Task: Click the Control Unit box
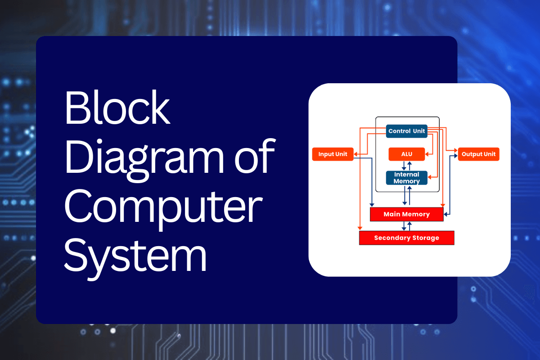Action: pyautogui.click(x=406, y=131)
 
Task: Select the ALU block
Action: pyautogui.click(x=406, y=154)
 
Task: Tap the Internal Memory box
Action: pyautogui.click(x=406, y=178)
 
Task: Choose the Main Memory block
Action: pyautogui.click(x=406, y=214)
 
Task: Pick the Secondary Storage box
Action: pyautogui.click(x=406, y=238)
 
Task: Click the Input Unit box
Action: pyautogui.click(x=333, y=154)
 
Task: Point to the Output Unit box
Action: pyautogui.click(x=478, y=154)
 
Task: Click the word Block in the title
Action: pyautogui.click(x=117, y=110)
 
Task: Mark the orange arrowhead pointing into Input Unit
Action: pyautogui.click(x=355, y=154)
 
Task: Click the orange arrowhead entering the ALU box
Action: pyautogui.click(x=427, y=154)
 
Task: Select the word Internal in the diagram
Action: pyautogui.click(x=406, y=174)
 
